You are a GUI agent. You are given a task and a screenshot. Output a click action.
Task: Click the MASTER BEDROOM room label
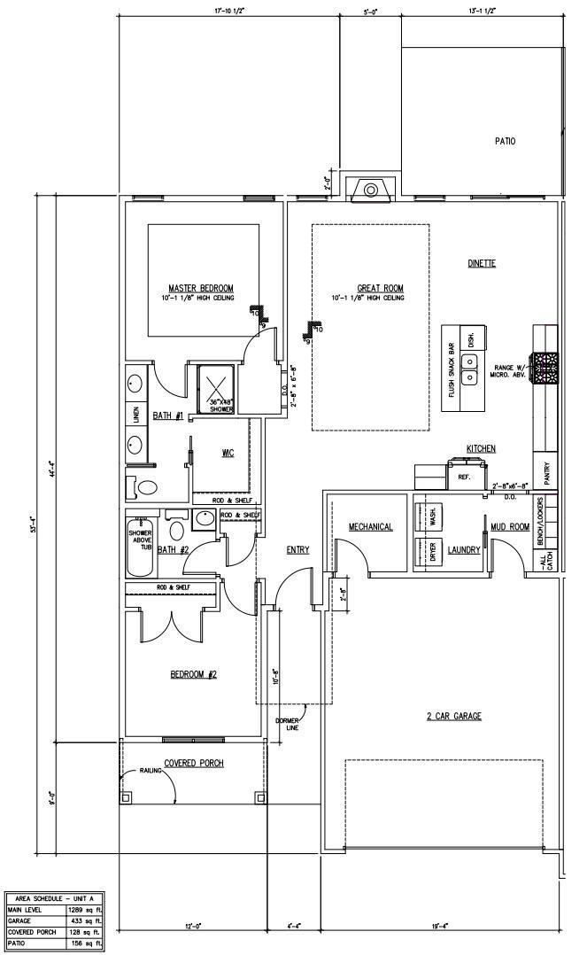click(x=201, y=288)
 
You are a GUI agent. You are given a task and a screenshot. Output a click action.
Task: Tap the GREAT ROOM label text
click(x=380, y=288)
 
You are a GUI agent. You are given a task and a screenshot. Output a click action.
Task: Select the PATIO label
click(x=505, y=141)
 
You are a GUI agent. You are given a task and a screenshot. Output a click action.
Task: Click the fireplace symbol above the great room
click(x=371, y=190)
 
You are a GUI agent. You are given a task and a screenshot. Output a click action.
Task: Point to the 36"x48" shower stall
click(x=216, y=386)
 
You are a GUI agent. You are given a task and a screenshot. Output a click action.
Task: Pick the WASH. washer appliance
click(x=433, y=516)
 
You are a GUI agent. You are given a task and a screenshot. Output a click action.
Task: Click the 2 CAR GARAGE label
click(x=453, y=716)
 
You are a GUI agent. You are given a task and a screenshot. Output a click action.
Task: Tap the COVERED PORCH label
click(x=193, y=763)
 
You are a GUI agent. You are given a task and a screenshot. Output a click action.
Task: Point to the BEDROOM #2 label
click(x=193, y=674)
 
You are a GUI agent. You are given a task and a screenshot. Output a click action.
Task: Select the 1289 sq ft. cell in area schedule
click(x=85, y=909)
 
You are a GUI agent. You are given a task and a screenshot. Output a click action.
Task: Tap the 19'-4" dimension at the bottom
click(x=439, y=926)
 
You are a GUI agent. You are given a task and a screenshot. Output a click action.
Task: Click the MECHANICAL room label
click(x=370, y=526)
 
